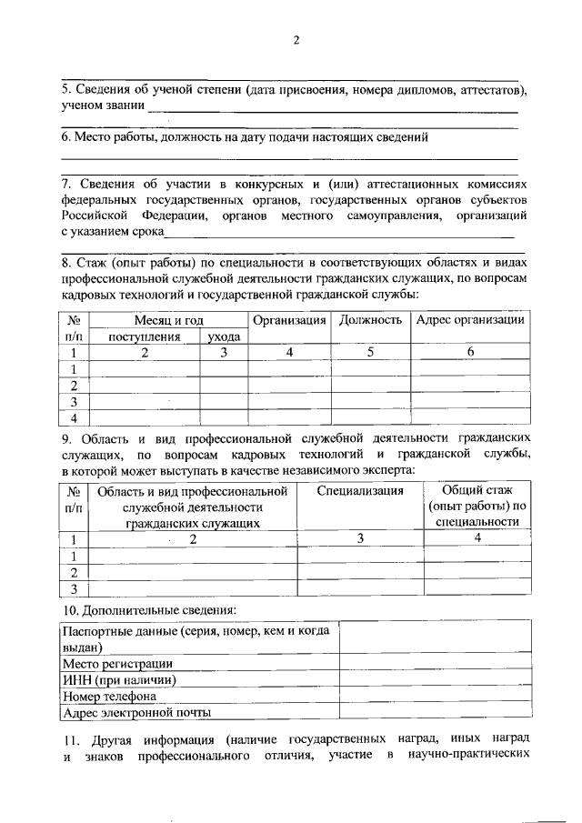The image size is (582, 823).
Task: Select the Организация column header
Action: pyautogui.click(x=289, y=320)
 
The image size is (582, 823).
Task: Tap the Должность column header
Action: pyautogui.click(x=371, y=320)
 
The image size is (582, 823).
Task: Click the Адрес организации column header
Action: pyautogui.click(x=469, y=320)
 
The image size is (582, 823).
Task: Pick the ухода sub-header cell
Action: pyautogui.click(x=223, y=336)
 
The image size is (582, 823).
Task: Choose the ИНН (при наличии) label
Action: pyautogui.click(x=118, y=680)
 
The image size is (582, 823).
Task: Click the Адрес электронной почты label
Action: pyautogui.click(x=136, y=712)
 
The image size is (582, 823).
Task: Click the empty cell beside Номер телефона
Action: pyautogui.click(x=435, y=697)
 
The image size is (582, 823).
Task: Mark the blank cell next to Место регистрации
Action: pyautogui.click(x=435, y=665)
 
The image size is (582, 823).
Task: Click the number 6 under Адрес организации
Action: pyautogui.click(x=470, y=352)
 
